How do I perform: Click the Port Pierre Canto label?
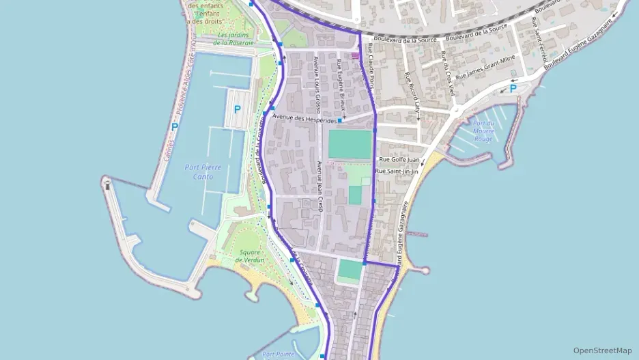(199, 171)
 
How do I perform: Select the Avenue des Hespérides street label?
(304, 119)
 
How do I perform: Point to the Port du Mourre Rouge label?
(483, 130)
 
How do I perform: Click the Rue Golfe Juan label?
(399, 159)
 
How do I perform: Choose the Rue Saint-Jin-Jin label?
(397, 170)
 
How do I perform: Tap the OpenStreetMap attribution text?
(603, 350)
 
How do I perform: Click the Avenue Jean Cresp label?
(319, 186)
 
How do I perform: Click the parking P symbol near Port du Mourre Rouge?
(513, 87)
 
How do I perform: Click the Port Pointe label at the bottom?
(278, 355)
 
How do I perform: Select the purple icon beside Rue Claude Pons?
(354, 56)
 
